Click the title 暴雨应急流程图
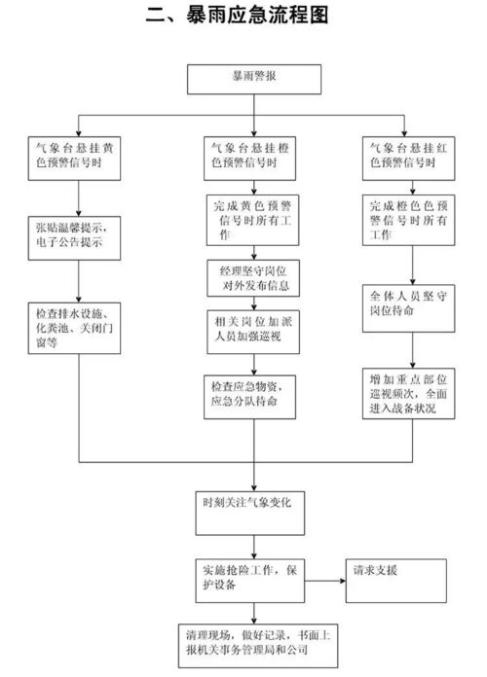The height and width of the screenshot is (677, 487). point(243,17)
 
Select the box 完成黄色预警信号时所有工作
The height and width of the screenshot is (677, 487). point(254,220)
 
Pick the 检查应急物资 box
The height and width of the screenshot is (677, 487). point(254,392)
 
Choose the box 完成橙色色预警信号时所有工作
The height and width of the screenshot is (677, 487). point(414,220)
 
